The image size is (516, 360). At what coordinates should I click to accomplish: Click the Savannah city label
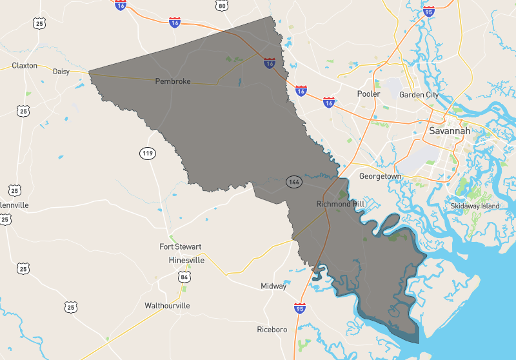click(x=450, y=131)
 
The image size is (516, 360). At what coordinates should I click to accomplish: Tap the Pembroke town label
click(x=172, y=81)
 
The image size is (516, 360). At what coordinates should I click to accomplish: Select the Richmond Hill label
click(x=341, y=204)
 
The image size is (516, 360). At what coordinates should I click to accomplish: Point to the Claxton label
click(x=25, y=65)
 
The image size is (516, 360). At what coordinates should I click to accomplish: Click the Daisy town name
click(x=61, y=71)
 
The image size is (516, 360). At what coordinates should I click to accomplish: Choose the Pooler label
click(x=368, y=94)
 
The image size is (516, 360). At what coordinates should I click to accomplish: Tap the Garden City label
click(x=419, y=95)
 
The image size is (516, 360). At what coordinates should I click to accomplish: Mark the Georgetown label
click(x=380, y=176)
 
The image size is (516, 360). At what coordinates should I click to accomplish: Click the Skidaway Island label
click(x=475, y=206)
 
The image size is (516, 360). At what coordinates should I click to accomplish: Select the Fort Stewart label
click(x=181, y=247)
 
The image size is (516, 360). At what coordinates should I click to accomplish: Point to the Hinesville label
click(x=186, y=260)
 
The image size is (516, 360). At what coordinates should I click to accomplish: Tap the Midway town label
click(x=273, y=286)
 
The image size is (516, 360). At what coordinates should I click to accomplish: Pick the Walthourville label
click(x=167, y=305)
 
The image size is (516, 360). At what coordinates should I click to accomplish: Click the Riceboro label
click(x=272, y=330)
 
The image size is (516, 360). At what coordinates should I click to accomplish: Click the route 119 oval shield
click(x=148, y=153)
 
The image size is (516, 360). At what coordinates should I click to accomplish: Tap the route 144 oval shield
click(x=295, y=183)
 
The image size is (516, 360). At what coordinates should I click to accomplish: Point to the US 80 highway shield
click(x=222, y=6)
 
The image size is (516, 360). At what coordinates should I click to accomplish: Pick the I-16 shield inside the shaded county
click(x=270, y=63)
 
